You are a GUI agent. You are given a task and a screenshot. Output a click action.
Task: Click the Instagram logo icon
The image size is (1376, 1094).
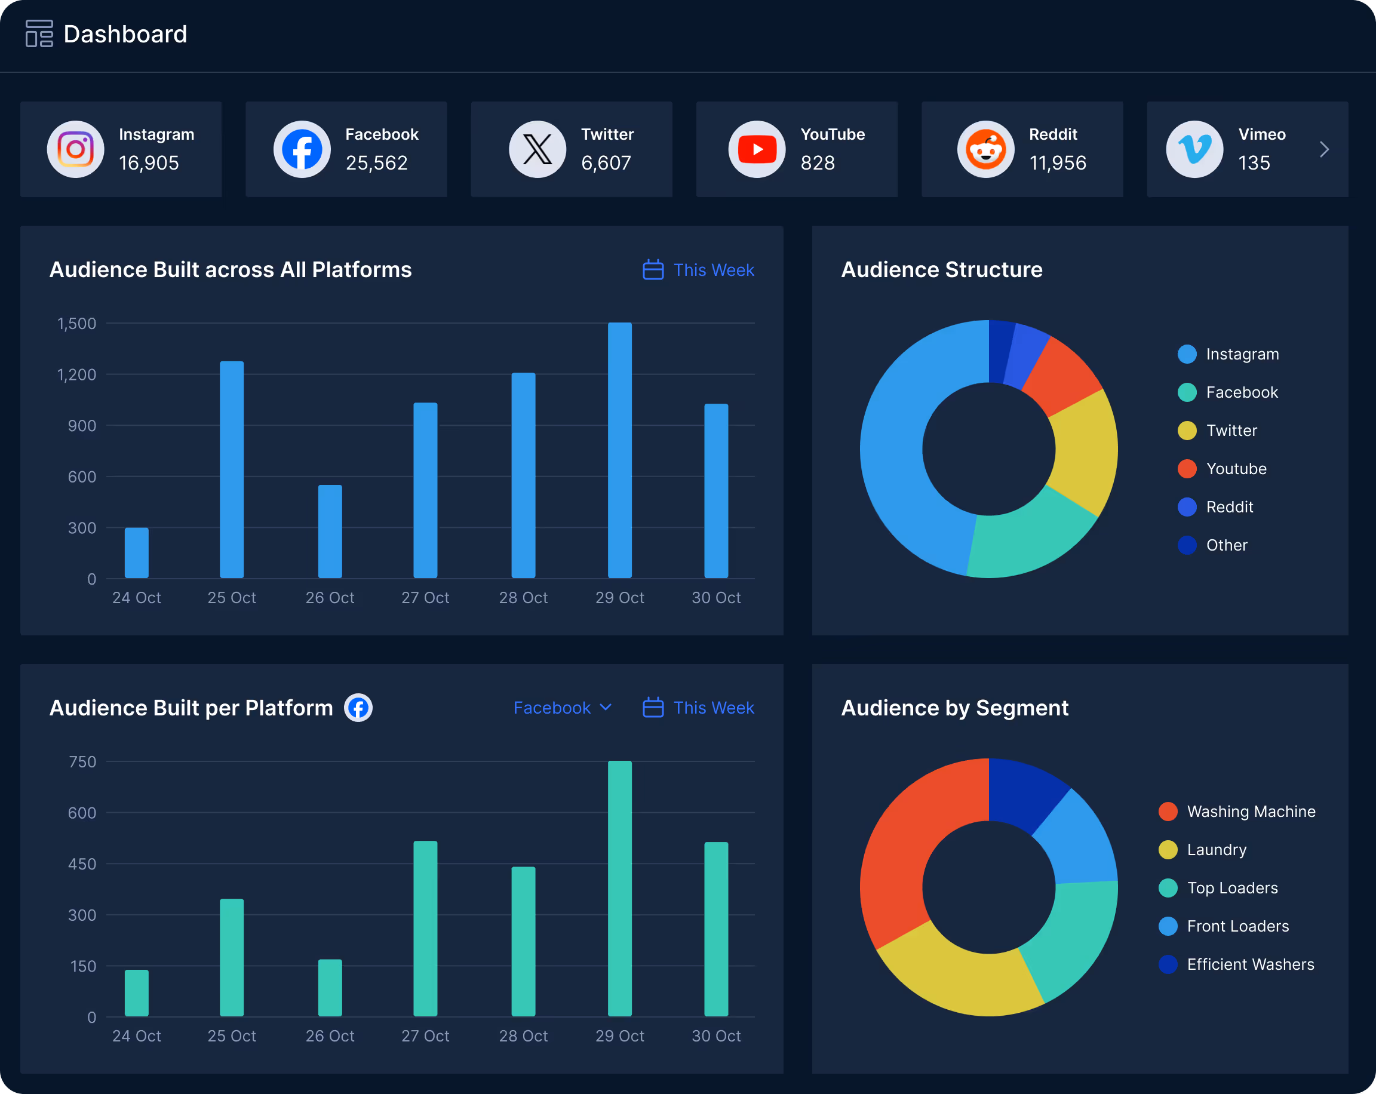click(x=75, y=149)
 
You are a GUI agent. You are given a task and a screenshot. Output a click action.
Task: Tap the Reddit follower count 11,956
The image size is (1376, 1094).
click(x=1058, y=164)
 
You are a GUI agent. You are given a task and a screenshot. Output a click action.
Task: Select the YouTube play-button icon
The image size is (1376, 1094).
click(x=757, y=149)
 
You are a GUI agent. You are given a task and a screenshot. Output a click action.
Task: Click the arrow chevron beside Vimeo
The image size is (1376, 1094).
click(x=1324, y=149)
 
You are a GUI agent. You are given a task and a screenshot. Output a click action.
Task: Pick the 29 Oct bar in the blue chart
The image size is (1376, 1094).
click(x=620, y=450)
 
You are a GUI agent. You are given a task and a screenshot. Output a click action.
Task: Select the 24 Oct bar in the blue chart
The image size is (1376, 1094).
click(x=137, y=553)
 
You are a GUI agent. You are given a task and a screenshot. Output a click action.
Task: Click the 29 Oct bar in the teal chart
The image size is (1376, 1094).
click(x=620, y=888)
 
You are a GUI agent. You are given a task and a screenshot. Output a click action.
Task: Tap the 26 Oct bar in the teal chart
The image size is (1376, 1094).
click(x=330, y=988)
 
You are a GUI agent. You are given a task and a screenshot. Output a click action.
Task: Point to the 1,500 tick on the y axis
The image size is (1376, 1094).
click(x=77, y=324)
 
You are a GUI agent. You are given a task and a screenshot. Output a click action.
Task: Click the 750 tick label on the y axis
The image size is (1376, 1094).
click(x=82, y=761)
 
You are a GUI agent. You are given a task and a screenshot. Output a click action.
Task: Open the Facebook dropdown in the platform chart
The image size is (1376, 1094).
click(x=562, y=708)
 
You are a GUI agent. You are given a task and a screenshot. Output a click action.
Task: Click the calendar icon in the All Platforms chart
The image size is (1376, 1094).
click(x=653, y=270)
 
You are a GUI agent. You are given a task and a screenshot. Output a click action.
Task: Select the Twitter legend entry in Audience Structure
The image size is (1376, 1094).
click(x=1230, y=431)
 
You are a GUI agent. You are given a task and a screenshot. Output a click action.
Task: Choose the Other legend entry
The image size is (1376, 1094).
click(x=1225, y=545)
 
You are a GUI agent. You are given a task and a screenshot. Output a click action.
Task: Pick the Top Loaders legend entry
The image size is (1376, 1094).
click(x=1231, y=888)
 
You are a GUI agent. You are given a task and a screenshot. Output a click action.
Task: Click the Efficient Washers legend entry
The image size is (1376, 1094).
click(x=1249, y=964)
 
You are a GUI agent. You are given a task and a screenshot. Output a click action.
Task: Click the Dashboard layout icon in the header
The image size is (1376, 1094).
click(x=39, y=34)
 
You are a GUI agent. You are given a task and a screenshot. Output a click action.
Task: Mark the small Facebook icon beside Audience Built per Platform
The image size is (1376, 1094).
click(x=359, y=708)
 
